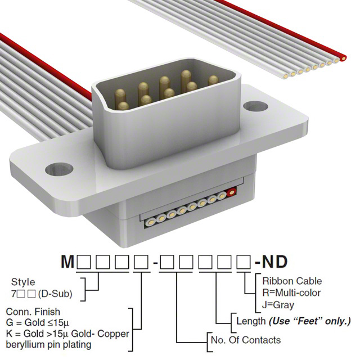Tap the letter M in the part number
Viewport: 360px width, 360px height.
[67, 262]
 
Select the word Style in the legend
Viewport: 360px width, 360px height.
[22, 282]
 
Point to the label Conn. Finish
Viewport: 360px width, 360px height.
[32, 311]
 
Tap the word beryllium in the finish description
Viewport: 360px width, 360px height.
[28, 345]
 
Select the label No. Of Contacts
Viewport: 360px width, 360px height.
[245, 340]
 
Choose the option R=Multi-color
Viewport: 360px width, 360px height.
[291, 292]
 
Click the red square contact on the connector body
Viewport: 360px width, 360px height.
[231, 192]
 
